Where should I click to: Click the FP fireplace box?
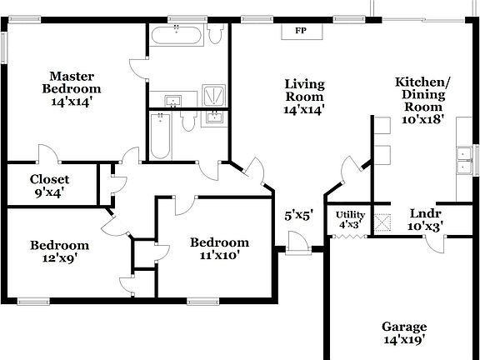point(299,31)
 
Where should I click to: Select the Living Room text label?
point(303,96)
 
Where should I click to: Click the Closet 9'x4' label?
point(49,185)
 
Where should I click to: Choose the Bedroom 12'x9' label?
point(59,251)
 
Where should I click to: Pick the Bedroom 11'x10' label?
point(215,248)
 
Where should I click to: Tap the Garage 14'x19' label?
point(404,332)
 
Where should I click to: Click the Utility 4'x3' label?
point(351,220)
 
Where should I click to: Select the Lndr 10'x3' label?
point(425,218)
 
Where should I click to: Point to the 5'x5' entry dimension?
point(298,215)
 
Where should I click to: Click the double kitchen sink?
point(463,159)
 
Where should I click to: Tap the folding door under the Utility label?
point(349,237)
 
